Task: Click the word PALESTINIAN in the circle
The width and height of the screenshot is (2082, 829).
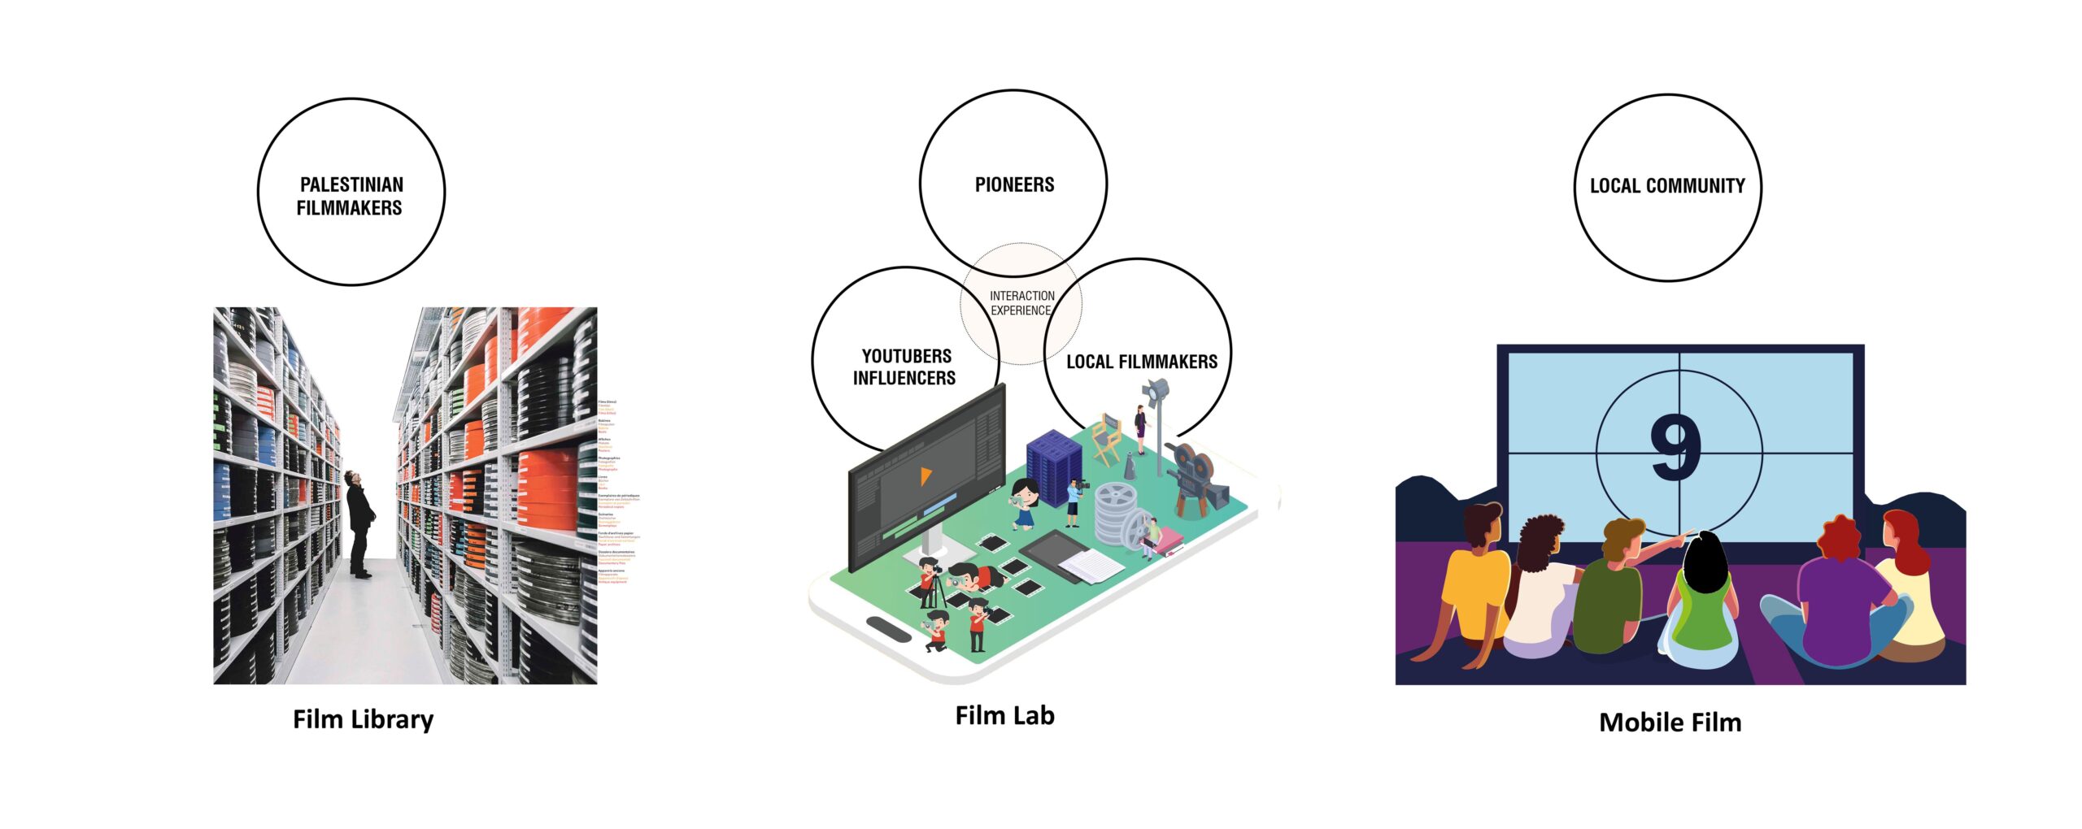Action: (x=351, y=184)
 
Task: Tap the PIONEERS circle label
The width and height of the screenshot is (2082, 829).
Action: (x=1014, y=184)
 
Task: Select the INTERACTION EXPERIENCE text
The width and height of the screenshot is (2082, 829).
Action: (x=1021, y=303)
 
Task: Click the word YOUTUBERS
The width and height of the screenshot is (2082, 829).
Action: (x=906, y=356)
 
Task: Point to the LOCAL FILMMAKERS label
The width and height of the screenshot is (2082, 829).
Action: (x=1141, y=362)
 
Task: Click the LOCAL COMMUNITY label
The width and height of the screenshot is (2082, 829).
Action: (x=1667, y=186)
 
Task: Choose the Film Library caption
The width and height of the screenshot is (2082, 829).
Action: (x=363, y=719)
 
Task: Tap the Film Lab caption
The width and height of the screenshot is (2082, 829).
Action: (x=1004, y=715)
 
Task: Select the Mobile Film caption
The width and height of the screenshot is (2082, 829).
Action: (x=1670, y=722)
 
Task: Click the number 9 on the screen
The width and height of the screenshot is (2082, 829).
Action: (x=1675, y=447)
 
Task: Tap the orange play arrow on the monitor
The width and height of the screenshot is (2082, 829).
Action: (x=925, y=475)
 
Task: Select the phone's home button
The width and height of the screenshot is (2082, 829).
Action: (x=888, y=628)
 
